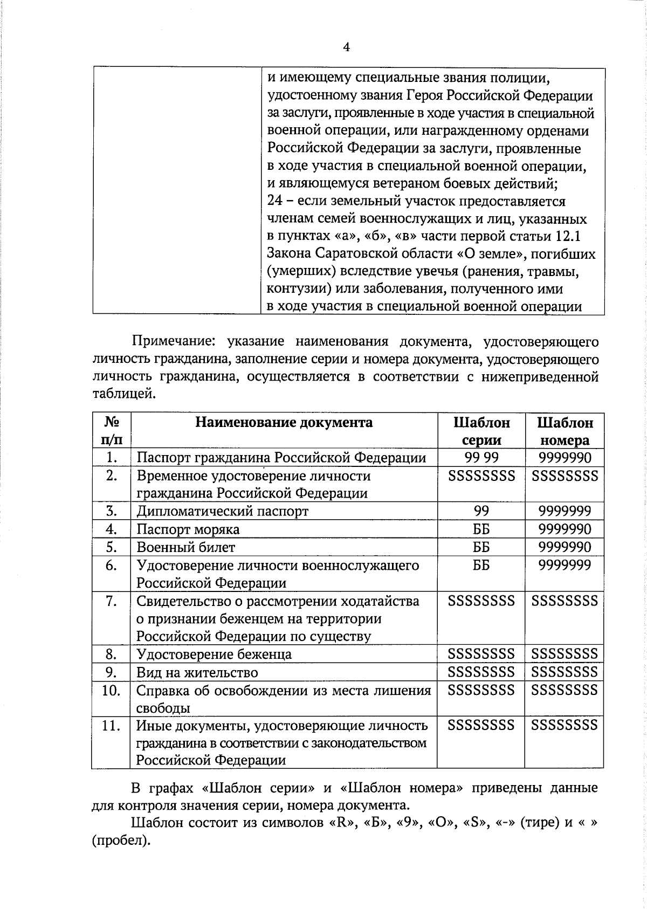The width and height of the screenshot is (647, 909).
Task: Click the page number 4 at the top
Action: pos(346,47)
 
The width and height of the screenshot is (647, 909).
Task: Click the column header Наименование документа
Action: pos(284,422)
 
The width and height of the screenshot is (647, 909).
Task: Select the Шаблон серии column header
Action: pos(481,431)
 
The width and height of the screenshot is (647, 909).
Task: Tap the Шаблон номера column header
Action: pos(565,431)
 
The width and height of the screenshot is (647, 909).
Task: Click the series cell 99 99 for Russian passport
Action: pos(481,458)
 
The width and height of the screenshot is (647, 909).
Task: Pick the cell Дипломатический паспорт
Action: pos(222,511)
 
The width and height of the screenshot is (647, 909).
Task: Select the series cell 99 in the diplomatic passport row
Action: pos(481,511)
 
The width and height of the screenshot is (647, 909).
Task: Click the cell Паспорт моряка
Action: pos(188,529)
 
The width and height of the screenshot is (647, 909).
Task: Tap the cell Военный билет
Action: pos(185,548)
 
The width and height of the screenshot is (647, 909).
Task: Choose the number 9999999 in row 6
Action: pos(565,566)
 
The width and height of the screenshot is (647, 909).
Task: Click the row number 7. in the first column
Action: pos(111,601)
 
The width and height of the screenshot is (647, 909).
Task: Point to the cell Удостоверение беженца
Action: pos(214,655)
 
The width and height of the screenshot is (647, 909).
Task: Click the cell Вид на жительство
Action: pos(197,673)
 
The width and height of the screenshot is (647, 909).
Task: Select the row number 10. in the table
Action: pos(111,691)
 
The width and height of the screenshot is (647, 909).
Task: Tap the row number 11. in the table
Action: pos(111,726)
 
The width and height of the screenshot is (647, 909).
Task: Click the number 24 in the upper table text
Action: pos(275,202)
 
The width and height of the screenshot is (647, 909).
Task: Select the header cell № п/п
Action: pos(111,431)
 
